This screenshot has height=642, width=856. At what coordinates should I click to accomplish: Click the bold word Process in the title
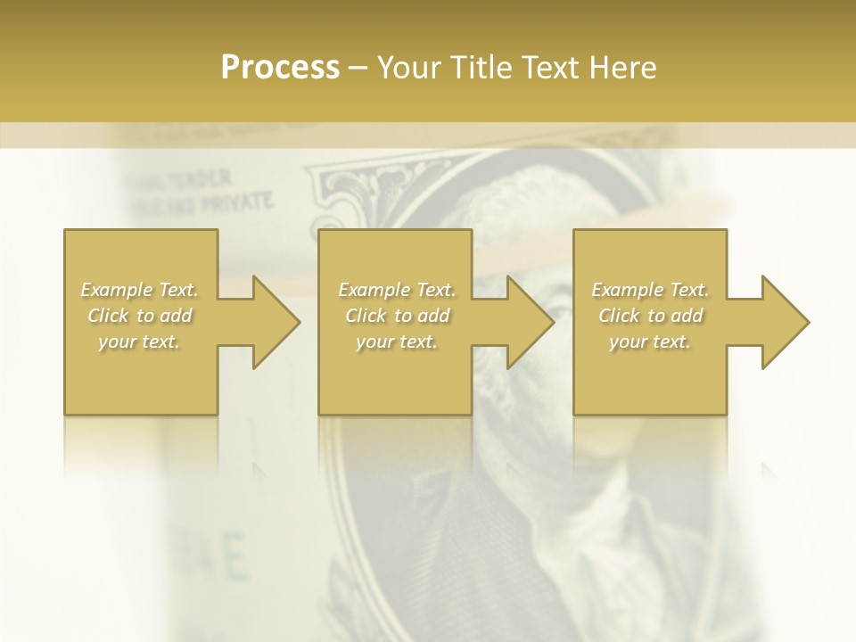(280, 67)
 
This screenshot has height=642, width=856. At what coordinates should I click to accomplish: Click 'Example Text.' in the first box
(140, 290)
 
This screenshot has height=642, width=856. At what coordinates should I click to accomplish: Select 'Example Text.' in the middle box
(396, 290)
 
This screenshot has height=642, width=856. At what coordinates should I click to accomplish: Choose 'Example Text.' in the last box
(650, 290)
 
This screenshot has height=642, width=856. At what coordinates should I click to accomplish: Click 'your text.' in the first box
(140, 342)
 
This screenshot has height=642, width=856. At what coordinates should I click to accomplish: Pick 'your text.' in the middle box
(396, 342)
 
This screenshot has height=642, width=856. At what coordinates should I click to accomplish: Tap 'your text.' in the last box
(650, 342)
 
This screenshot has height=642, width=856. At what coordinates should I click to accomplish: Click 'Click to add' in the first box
(140, 316)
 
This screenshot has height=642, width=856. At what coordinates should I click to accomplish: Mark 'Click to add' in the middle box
(396, 316)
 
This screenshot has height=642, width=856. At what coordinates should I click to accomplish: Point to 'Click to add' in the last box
(650, 316)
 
